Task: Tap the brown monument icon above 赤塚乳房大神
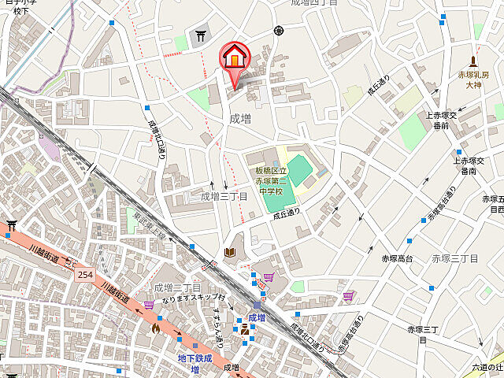[x=473, y=61]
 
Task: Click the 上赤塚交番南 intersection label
[x=469, y=165]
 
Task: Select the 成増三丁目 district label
[x=224, y=196]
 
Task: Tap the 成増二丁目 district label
[x=177, y=287]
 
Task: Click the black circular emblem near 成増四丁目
[x=278, y=31]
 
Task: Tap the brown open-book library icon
[x=229, y=252]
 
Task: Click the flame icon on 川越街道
[x=157, y=327]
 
